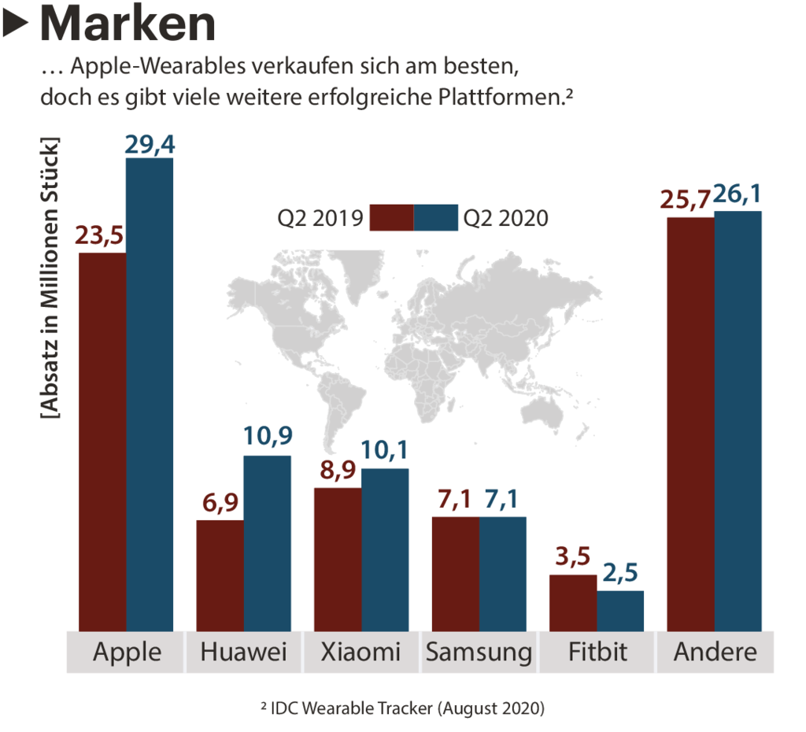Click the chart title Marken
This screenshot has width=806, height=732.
point(127,24)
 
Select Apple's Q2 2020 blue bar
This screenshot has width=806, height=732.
point(150,394)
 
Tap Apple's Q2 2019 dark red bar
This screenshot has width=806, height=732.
point(102,441)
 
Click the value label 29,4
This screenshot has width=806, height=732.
point(150,145)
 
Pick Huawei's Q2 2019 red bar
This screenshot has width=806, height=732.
point(220,575)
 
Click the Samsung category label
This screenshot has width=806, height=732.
point(479,653)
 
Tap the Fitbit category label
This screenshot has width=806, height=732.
point(597,653)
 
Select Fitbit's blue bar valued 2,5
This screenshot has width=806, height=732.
point(620,610)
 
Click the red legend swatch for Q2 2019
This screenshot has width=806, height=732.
point(391,218)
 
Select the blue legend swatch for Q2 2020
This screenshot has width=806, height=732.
point(435,218)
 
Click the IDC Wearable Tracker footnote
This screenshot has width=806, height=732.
point(402,708)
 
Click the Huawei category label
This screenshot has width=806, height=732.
point(243,653)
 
